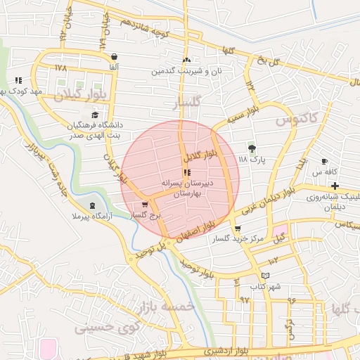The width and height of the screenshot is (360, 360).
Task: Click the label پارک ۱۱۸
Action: click(x=253, y=160)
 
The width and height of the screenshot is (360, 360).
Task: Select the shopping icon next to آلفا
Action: click(x=114, y=57)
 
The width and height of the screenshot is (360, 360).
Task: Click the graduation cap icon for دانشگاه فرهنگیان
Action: click(x=95, y=115)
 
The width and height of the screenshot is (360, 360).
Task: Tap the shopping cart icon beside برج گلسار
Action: click(x=146, y=204)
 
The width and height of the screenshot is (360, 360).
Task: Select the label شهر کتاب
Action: click(x=264, y=287)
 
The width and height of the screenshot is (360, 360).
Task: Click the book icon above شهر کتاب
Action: click(x=264, y=276)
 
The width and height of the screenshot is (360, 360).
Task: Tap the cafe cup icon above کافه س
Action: click(x=324, y=161)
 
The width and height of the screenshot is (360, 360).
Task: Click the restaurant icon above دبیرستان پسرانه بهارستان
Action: click(x=186, y=172)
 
